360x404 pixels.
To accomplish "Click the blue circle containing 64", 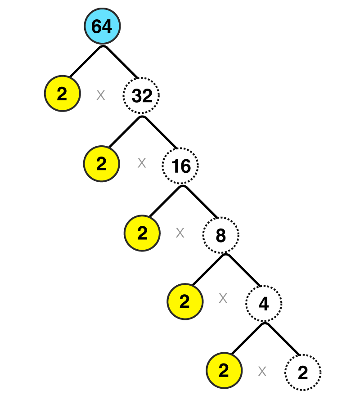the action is (x=102, y=26).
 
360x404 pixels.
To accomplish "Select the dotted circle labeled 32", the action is (x=141, y=95).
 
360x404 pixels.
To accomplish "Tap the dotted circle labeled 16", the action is (x=180, y=166).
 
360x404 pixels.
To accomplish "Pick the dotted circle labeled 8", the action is (x=221, y=235).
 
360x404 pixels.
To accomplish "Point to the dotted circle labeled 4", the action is (x=264, y=304).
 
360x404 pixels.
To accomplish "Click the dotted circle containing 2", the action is (x=303, y=373).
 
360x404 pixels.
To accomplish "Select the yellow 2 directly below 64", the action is (x=63, y=94).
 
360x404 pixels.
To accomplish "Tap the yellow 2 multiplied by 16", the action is (x=102, y=164).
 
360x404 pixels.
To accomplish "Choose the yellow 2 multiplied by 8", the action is (x=142, y=233).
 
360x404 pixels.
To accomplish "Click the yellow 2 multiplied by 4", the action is (x=185, y=301).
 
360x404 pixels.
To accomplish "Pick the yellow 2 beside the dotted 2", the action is (x=224, y=371).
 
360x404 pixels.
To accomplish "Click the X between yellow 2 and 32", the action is (x=101, y=95).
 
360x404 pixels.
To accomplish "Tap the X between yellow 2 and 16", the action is (x=142, y=163).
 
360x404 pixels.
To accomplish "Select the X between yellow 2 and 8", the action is (x=180, y=233).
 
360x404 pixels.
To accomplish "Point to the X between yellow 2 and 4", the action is (x=223, y=298).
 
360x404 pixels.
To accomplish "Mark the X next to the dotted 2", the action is (x=262, y=372).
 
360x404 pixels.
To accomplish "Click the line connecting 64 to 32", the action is (x=121, y=62).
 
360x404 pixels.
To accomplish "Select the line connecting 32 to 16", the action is (x=160, y=132).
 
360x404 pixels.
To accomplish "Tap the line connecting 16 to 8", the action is (x=200, y=202).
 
